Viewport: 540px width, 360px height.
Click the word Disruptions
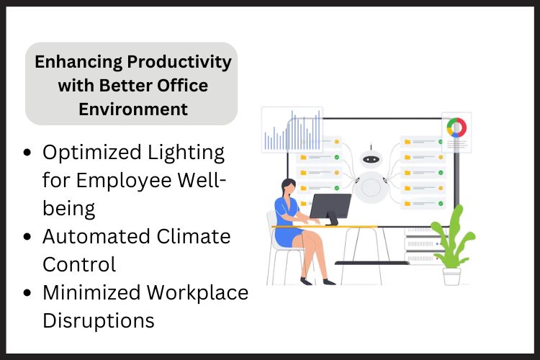click(99, 320)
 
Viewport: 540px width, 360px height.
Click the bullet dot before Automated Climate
click(27, 237)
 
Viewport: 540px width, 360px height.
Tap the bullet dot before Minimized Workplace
click(27, 293)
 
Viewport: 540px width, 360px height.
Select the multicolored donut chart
click(456, 128)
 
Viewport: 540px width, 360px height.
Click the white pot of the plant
click(452, 276)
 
